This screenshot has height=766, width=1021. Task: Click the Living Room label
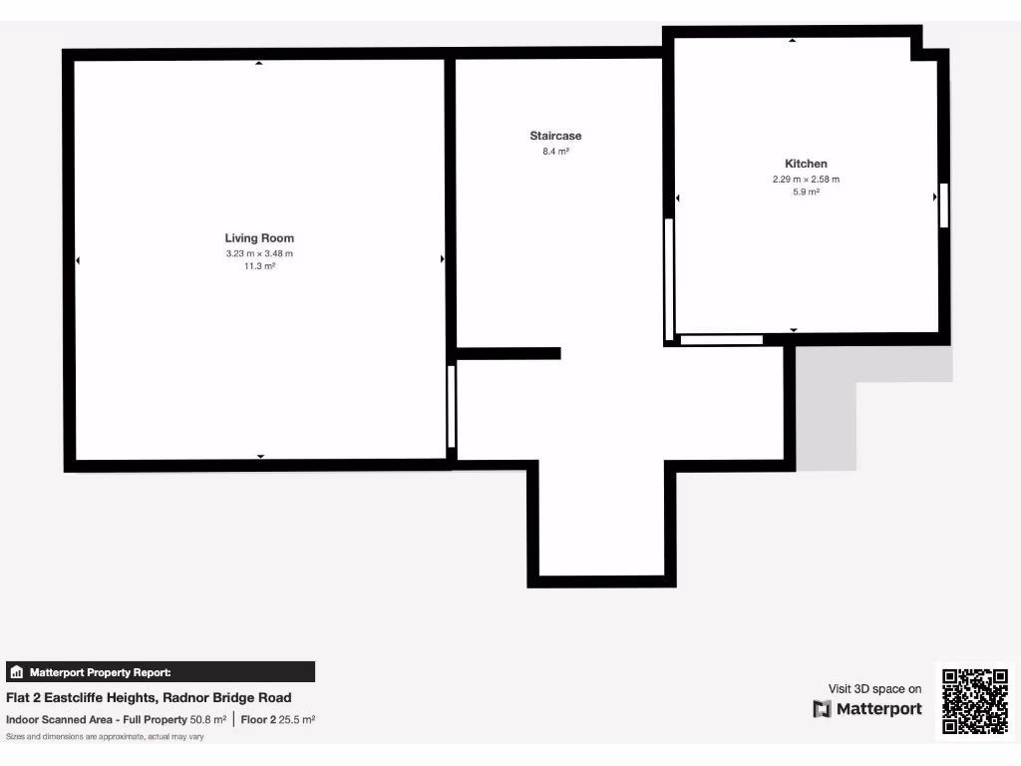[259, 238]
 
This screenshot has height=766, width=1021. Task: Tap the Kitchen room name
[806, 164]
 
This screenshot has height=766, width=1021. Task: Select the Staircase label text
[555, 136]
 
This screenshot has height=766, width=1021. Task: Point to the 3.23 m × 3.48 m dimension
[259, 253]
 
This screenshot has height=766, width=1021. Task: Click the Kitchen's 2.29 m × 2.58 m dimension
[806, 180]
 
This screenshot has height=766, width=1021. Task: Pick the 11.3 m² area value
[259, 266]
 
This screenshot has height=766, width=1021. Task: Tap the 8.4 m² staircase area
[555, 152]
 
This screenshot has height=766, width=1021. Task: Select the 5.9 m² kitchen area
[806, 192]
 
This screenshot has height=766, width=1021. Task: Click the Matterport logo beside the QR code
[867, 709]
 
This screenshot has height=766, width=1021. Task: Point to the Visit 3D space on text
[875, 688]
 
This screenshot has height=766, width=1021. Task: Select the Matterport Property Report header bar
[161, 672]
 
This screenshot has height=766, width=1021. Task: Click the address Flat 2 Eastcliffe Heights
[150, 698]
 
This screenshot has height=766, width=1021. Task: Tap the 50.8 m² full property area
[208, 719]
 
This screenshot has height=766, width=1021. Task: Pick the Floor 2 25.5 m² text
[278, 719]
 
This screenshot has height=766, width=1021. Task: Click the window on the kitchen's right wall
[943, 204]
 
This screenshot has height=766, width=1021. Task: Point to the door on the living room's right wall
[451, 406]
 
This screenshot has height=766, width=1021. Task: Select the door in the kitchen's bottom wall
[721, 340]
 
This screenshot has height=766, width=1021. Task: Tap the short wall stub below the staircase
[509, 353]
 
